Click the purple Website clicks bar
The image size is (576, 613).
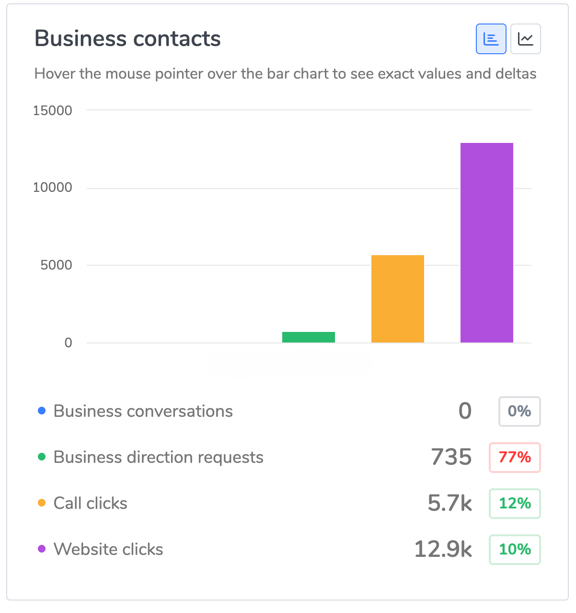click(x=486, y=242)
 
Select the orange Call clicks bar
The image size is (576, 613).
click(x=397, y=298)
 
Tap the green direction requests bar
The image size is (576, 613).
click(x=308, y=337)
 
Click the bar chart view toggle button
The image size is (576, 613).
click(x=491, y=39)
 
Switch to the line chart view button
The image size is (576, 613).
click(x=525, y=39)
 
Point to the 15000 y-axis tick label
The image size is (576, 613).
click(x=52, y=110)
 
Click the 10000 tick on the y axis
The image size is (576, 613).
click(x=52, y=188)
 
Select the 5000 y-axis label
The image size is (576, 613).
click(x=56, y=265)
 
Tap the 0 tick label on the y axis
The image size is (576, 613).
click(x=68, y=343)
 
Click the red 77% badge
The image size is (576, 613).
click(x=514, y=458)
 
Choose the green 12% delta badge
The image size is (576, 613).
click(x=514, y=504)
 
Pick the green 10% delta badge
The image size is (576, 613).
click(x=514, y=550)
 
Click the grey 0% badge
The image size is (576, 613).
click(x=519, y=412)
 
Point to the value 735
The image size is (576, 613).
click(x=451, y=458)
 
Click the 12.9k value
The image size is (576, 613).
click(x=443, y=550)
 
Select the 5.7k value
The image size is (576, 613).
click(x=449, y=504)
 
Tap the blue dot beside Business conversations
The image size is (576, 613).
click(x=42, y=411)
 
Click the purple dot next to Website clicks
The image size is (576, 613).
click(x=42, y=549)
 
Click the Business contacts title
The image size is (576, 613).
click(x=127, y=39)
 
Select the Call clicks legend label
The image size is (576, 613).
click(x=90, y=503)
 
